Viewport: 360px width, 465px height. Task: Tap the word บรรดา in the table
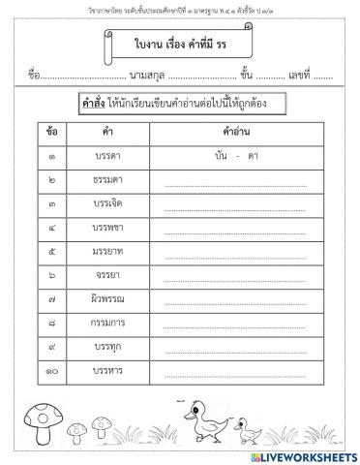108,154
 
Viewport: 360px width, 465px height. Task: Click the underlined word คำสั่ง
97,103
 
